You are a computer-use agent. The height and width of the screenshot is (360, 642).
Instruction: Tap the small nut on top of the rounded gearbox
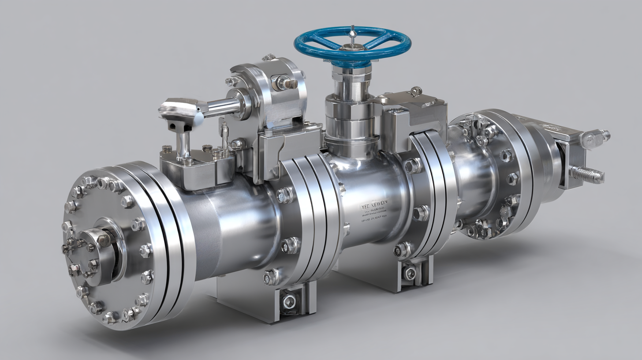pyautogui.click(x=268, y=57)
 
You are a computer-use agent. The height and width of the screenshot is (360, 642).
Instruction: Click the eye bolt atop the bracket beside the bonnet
pyautogui.click(x=414, y=91)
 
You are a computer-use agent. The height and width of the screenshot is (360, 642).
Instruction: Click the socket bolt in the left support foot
pyautogui.click(x=289, y=302)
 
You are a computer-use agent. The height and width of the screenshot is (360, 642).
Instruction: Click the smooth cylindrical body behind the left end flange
pyautogui.click(x=229, y=229)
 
